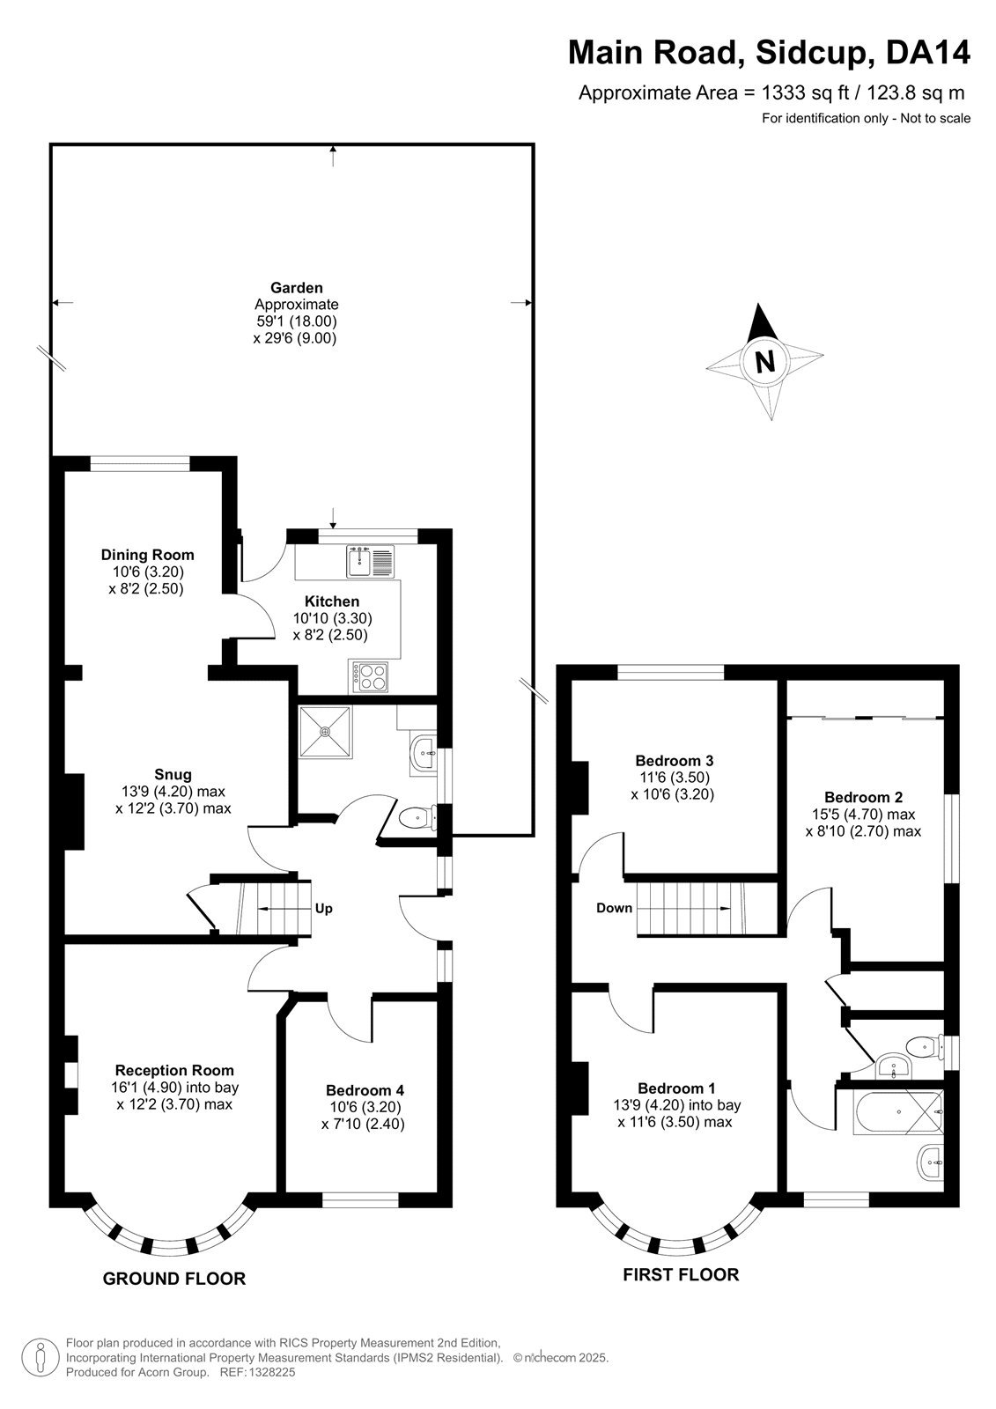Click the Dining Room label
point(147,555)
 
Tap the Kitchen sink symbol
point(369,561)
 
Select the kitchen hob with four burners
point(369,677)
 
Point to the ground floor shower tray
point(325,732)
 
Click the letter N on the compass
point(765,362)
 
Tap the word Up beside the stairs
point(323,908)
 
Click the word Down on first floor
point(614,908)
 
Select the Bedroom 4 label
point(365,1090)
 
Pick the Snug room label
point(173,774)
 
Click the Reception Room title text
point(174,1070)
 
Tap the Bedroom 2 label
point(863,797)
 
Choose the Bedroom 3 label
point(674,760)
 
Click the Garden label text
point(297,287)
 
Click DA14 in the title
point(927,52)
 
